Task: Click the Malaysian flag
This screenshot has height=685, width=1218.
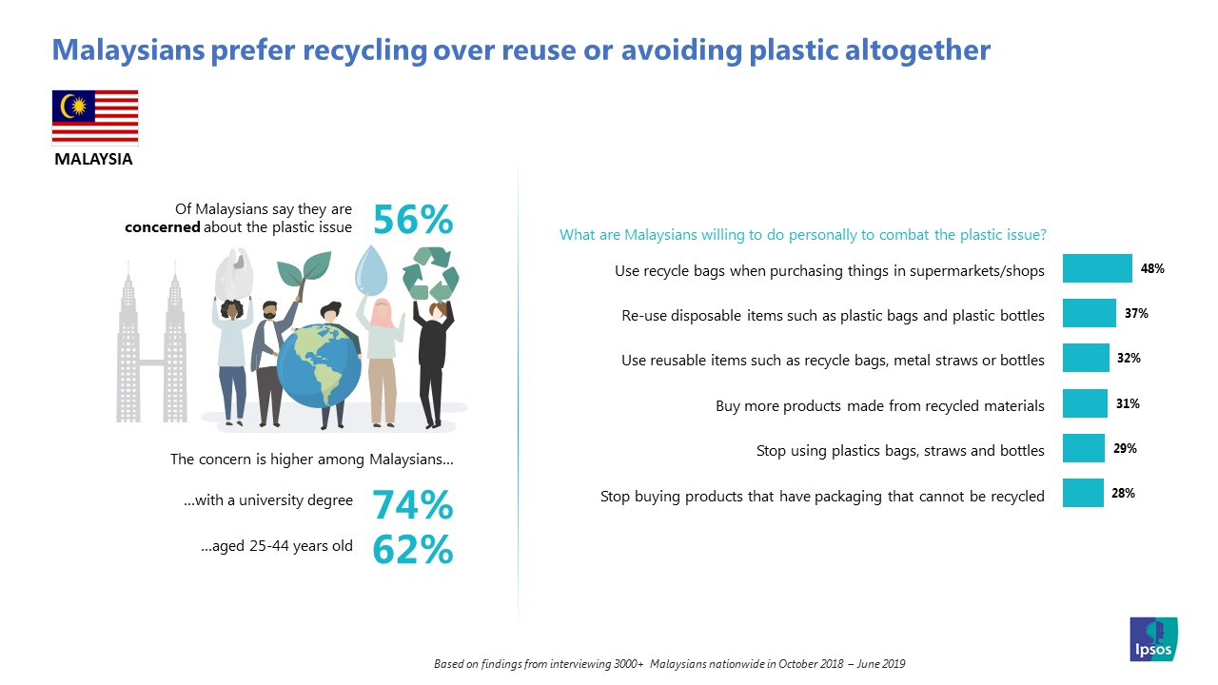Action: (95, 117)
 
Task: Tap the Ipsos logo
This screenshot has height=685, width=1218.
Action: (1153, 638)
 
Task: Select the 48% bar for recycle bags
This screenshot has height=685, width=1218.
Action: (1097, 268)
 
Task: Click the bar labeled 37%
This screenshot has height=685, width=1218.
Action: (1090, 313)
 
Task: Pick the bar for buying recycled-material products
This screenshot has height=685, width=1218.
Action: (1085, 402)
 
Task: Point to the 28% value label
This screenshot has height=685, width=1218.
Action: (1124, 493)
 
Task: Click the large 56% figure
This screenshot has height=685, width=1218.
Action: (413, 219)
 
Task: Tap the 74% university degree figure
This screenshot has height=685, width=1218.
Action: (413, 504)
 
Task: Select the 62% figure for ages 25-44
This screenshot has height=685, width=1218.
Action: (413, 549)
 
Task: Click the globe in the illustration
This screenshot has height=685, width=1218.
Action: (319, 365)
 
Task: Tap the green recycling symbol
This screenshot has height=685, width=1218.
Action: (431, 273)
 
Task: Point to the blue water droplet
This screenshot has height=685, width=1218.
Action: (371, 270)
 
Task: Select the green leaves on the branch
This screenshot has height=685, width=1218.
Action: (304, 271)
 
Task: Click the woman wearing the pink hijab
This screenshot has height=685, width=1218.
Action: (382, 362)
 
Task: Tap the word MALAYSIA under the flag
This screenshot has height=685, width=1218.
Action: (93, 159)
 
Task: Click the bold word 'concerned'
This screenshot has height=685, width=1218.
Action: (162, 226)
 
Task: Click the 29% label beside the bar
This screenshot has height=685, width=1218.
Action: (1125, 448)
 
